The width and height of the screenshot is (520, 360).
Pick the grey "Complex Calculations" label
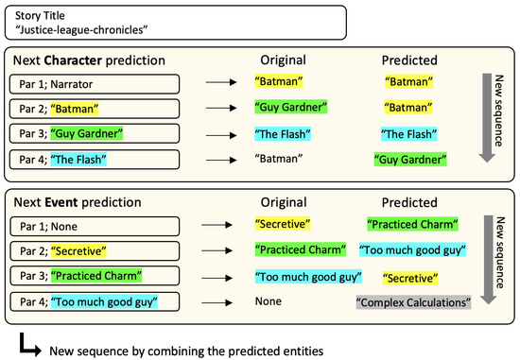(x=412, y=302)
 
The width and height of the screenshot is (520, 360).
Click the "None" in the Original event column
(x=268, y=302)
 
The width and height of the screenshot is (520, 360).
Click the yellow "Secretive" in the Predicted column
(x=411, y=278)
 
